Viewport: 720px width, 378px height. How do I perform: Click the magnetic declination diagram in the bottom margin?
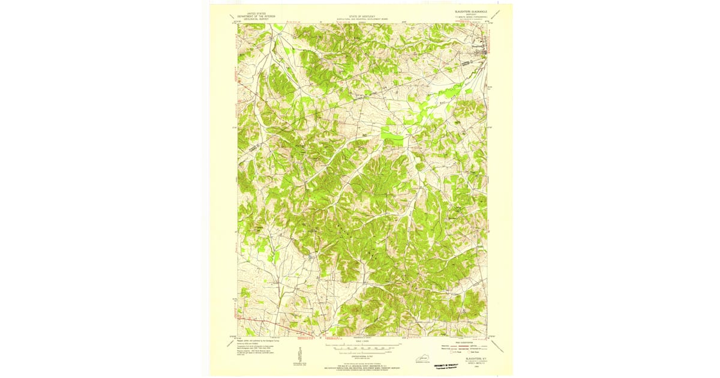(x=299, y=354)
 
